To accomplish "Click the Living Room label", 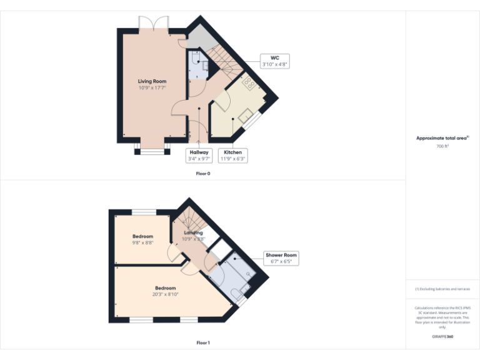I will point(152,81).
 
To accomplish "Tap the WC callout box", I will point(274,61).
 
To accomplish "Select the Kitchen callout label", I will point(233,155).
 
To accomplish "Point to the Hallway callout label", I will point(199,155).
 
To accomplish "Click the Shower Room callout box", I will point(281,258).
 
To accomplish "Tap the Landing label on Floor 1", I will point(193,233).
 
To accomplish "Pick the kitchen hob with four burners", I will point(248,82).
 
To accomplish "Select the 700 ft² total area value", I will point(442,146).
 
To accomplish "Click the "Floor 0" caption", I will point(203,173).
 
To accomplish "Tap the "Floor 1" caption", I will point(203,342).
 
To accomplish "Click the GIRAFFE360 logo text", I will point(442,337).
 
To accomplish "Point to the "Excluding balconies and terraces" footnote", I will point(442,289).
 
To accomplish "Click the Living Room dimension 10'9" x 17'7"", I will point(152,88).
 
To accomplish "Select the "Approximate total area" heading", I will point(442,138).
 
